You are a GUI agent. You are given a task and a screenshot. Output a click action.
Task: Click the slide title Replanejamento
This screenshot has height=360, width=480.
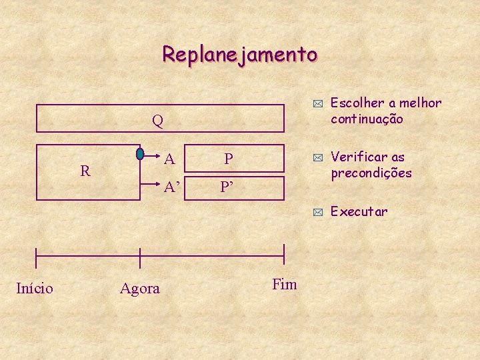pyautogui.click(x=240, y=54)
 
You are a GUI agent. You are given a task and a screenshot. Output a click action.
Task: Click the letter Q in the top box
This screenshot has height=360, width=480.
pyautogui.click(x=157, y=121)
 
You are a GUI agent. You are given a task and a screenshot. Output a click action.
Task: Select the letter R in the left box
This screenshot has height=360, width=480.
pyautogui.click(x=85, y=171)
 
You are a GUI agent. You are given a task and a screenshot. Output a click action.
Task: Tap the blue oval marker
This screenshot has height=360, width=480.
pyautogui.click(x=140, y=153)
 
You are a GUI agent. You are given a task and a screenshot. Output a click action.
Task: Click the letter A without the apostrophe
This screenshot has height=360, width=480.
pyautogui.click(x=169, y=159)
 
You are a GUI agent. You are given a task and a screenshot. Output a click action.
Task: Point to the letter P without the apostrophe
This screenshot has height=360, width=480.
pyautogui.click(x=228, y=159)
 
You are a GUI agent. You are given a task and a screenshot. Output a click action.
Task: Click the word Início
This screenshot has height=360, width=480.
pyautogui.click(x=35, y=288)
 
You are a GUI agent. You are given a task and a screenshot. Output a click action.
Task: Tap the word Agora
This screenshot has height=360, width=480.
pyautogui.click(x=140, y=289)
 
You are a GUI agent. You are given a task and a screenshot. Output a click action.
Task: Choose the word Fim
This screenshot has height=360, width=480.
pyautogui.click(x=285, y=285)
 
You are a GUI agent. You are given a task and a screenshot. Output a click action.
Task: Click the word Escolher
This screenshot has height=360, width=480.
pyautogui.click(x=357, y=103)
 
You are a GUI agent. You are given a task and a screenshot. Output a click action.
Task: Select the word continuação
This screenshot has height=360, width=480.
pyautogui.click(x=367, y=119)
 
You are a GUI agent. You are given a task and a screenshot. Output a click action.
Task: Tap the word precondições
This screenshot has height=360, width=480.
pyautogui.click(x=371, y=173)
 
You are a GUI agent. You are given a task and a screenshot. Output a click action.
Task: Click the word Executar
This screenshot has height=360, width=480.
pyautogui.click(x=359, y=211)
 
